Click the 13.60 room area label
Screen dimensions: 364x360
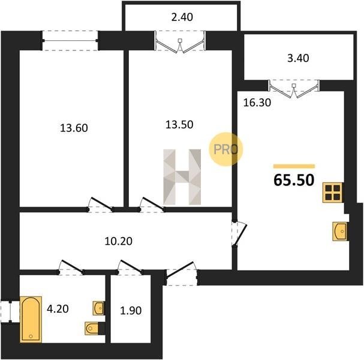pos(74,128)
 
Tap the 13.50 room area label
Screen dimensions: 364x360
pos(179,124)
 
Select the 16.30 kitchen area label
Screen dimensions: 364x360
pos(257,103)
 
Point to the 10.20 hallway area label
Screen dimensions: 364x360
pos(119,241)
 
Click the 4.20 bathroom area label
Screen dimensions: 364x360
pos(58,309)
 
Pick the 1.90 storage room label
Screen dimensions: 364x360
pos(131,311)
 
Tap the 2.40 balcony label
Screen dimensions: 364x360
pos(182,17)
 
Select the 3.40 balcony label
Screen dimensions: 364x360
pos(298,58)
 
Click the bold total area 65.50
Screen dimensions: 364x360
pos(294,180)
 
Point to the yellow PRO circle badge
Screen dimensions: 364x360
pos(225,149)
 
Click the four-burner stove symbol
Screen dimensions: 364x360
pos(333,193)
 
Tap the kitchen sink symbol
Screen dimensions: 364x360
pos(340,232)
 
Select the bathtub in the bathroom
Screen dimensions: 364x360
pos(31,319)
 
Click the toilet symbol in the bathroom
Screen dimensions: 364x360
pos(92,328)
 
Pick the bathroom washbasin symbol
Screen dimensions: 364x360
pos(98,308)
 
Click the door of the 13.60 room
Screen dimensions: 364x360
pos(101,204)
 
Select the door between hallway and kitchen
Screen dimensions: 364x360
pos(240,233)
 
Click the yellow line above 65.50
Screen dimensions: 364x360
pos(294,166)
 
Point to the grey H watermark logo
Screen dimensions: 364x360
pos(182,177)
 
